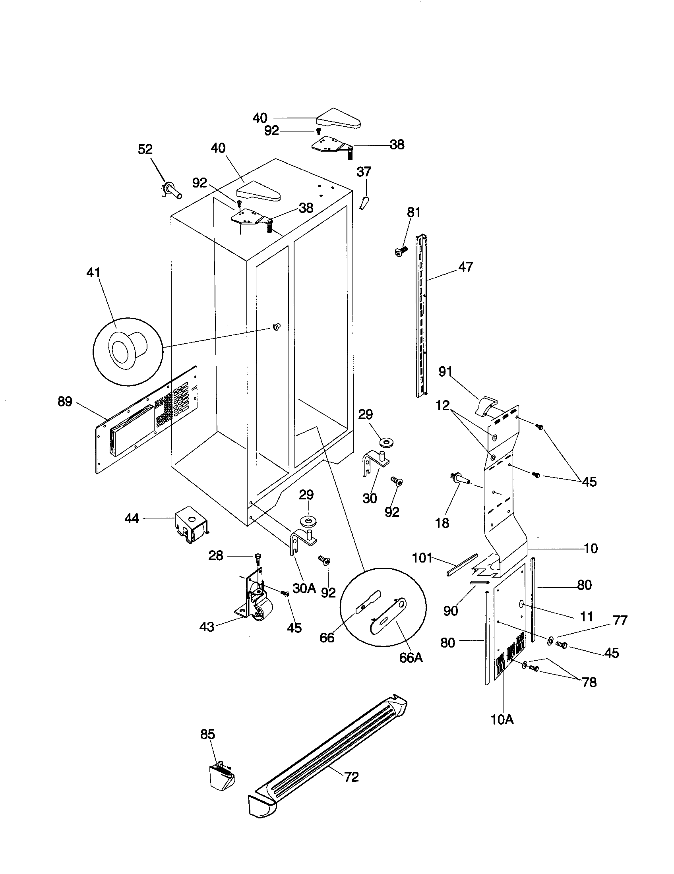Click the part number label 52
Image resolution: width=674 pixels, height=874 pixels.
pyautogui.click(x=145, y=149)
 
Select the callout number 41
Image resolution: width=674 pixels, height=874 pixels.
pyautogui.click(x=93, y=273)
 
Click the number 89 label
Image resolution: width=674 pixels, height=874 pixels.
pyautogui.click(x=65, y=401)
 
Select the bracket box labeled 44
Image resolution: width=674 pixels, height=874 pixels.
pyautogui.click(x=191, y=525)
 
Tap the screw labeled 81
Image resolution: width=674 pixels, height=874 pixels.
pyautogui.click(x=401, y=251)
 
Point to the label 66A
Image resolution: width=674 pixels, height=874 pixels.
pyautogui.click(x=411, y=658)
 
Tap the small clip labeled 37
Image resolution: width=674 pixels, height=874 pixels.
pyautogui.click(x=364, y=203)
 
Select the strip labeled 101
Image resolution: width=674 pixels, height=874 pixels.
pyautogui.click(x=461, y=564)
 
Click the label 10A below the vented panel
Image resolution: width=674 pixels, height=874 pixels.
pyautogui.click(x=502, y=719)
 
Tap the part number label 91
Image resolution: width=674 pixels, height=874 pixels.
pyautogui.click(x=445, y=372)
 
